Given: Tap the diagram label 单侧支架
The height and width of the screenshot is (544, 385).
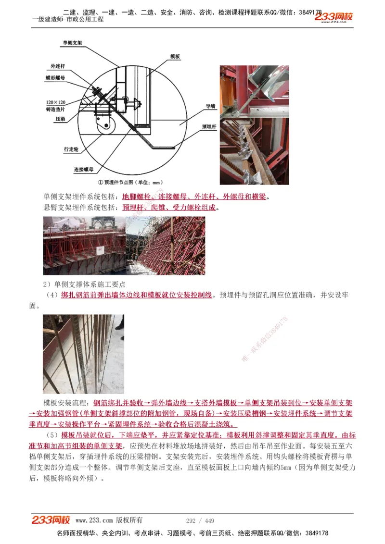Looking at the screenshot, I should [x=72, y=43].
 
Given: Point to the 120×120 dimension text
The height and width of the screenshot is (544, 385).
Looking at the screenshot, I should [x=56, y=102].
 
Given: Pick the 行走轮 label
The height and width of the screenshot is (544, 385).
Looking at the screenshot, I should [x=70, y=149].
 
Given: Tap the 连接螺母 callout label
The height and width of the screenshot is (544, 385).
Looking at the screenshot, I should [x=83, y=170].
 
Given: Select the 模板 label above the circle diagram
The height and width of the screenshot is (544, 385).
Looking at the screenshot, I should [x=175, y=57].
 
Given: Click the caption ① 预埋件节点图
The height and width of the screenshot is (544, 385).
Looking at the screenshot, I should [x=130, y=182].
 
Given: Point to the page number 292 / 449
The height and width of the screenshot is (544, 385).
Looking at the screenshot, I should [x=200, y=520].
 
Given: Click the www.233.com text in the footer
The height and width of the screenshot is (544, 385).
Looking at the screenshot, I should [x=94, y=520].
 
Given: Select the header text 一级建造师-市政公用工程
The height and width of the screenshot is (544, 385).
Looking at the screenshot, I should [x=67, y=20].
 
